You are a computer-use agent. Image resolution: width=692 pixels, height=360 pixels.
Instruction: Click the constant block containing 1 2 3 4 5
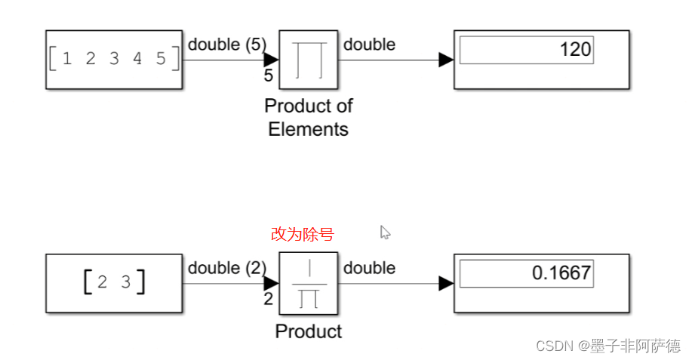pos(114,60)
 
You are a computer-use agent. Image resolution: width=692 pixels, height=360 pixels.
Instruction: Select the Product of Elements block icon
pos(308,60)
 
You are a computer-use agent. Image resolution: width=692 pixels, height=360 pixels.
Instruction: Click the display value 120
pos(576,51)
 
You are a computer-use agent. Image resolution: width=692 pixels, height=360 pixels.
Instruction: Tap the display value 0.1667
pos(561,272)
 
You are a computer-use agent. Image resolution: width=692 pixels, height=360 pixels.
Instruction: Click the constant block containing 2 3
pos(114,283)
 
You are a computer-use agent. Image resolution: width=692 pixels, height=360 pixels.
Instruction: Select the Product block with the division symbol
pos(308,283)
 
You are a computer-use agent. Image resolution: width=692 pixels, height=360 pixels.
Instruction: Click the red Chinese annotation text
pos(302,235)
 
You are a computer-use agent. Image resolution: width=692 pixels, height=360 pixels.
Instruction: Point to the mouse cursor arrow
pos(384,232)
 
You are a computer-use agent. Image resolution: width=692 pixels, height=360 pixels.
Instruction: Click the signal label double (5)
pos(227,45)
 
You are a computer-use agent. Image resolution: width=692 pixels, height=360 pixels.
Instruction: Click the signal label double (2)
pos(227,268)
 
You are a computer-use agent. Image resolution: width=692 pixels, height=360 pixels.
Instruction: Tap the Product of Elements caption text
pos(309,117)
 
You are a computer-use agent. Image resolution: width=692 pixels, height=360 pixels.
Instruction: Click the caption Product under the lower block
pos(309,331)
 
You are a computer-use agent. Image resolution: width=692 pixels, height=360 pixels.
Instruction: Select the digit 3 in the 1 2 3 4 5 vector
pos(114,59)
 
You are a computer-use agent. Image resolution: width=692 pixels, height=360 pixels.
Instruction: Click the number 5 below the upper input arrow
pos(269,76)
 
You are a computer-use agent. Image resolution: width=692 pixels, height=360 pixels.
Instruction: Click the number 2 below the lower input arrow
pos(269,300)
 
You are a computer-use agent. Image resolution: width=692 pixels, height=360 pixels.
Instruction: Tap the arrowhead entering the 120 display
pos(446,60)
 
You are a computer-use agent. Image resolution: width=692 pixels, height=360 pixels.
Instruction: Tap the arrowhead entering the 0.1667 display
pos(446,283)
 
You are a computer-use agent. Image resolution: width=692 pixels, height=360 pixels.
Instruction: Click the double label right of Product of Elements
pos(369,45)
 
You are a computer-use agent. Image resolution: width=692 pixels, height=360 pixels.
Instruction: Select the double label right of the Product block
pos(369,268)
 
